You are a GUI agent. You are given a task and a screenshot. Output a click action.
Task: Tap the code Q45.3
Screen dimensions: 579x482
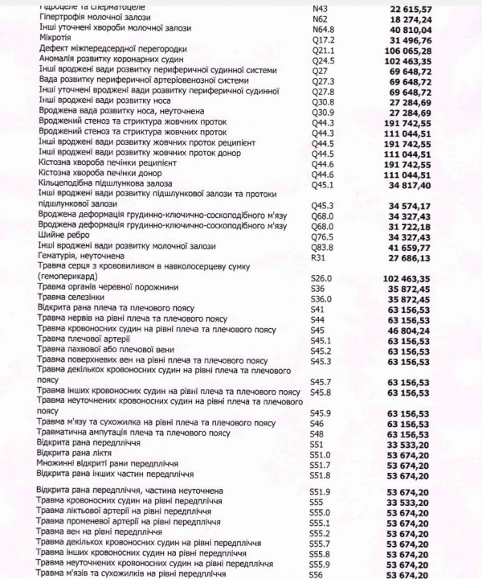point(323,206)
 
